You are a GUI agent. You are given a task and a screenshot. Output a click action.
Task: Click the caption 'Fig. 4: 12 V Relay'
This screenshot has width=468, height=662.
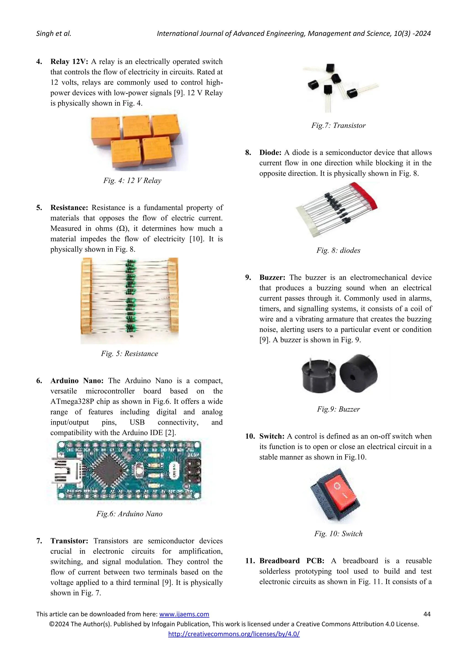(x=132, y=181)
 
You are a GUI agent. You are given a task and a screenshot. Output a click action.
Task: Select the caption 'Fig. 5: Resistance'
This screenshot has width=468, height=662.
(x=130, y=354)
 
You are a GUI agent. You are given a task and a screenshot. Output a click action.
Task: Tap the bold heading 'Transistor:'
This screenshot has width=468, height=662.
(x=69, y=541)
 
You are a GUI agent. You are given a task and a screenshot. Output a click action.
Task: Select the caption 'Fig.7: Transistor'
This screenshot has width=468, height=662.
(x=338, y=125)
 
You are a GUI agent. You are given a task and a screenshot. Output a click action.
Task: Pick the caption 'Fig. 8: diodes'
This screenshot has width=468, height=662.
(x=338, y=250)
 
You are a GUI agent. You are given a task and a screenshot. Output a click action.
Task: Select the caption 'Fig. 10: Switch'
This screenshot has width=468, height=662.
(x=338, y=534)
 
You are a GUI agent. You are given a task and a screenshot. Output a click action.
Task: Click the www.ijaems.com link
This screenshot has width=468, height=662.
(x=184, y=614)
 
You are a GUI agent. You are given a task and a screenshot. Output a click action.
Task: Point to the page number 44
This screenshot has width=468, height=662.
(x=427, y=614)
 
